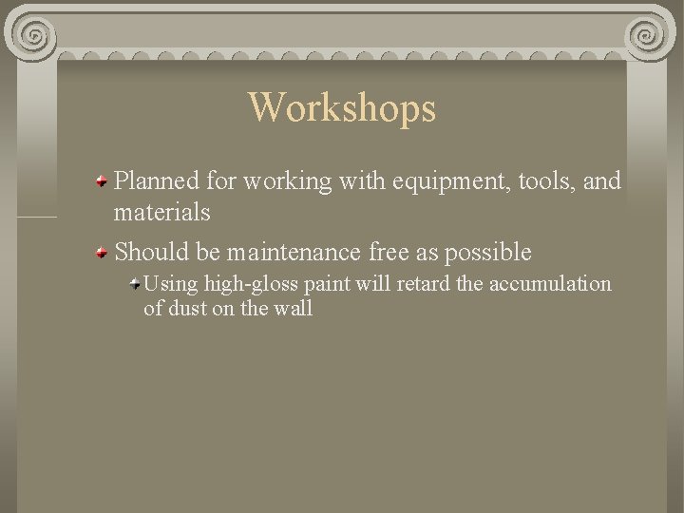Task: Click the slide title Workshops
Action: [342, 107]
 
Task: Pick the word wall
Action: [294, 309]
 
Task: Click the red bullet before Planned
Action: [101, 180]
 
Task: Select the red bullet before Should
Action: [101, 251]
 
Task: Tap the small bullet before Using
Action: [136, 282]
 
